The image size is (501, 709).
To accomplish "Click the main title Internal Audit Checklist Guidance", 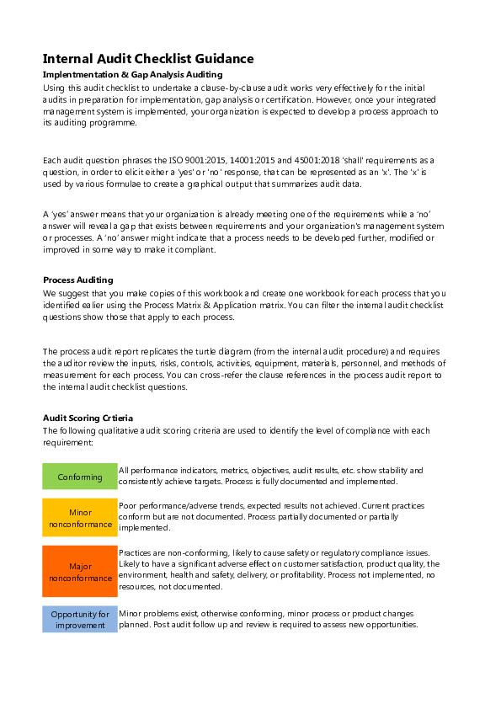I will [x=148, y=59].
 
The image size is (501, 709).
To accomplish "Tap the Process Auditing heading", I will [x=77, y=280].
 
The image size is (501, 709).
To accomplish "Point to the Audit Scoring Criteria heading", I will [x=88, y=418].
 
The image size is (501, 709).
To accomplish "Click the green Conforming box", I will [x=80, y=477].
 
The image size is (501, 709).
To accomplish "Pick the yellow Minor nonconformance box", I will [x=80, y=518].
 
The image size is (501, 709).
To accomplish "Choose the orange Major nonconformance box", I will [x=80, y=572].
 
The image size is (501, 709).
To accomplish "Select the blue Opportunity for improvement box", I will [x=80, y=620].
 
